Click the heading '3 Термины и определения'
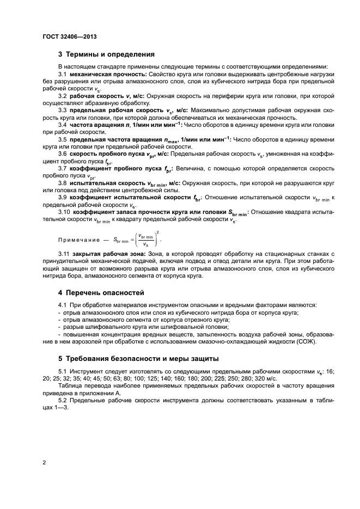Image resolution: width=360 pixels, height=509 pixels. click(x=106, y=54)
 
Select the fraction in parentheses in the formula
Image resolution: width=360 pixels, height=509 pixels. click(x=145, y=239)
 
